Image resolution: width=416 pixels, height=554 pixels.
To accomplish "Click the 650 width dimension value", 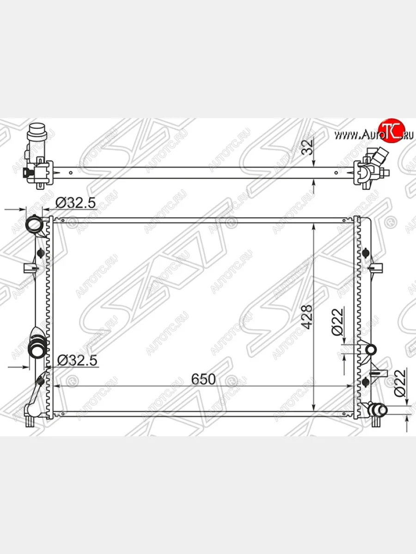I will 203,379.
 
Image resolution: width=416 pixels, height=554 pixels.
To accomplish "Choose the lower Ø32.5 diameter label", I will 77,361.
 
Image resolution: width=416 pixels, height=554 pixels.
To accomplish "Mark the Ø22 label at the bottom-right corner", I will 400,384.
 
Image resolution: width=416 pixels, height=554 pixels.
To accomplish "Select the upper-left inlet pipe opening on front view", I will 35,225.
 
